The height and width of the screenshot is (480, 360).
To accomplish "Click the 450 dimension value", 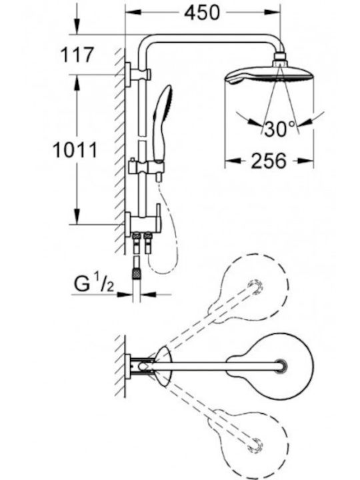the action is coord(203,13).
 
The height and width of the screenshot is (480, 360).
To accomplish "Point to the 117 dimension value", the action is coord(77,55).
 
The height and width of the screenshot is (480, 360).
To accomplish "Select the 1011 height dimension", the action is coord(75,150).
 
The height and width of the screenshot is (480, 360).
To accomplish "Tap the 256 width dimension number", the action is coord(269,161).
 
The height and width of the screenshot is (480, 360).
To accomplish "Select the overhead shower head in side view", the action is coord(269,75).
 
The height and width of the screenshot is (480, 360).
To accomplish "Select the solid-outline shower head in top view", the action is coord(270,367).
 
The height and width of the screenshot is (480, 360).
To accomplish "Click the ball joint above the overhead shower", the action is coord(280,60).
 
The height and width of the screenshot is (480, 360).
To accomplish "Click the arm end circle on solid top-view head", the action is coord(281,367).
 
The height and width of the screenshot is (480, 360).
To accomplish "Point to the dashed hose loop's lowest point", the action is coord(161,273).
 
